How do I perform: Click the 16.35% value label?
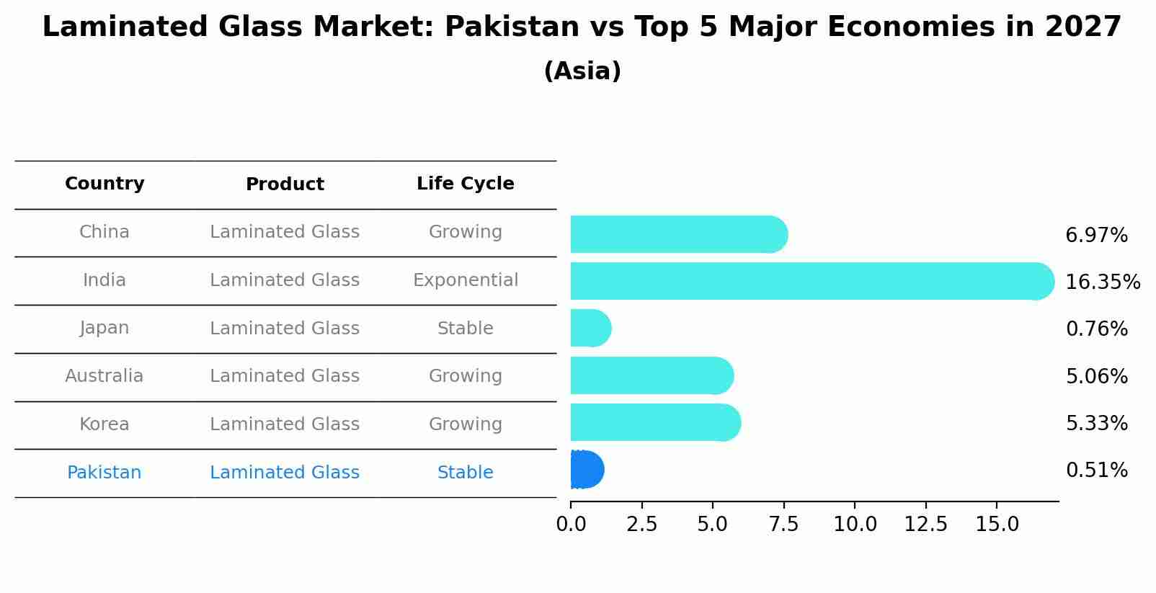(x=1103, y=282)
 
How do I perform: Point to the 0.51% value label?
(x=1096, y=471)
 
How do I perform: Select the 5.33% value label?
(x=1096, y=424)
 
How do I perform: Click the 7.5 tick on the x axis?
(x=783, y=525)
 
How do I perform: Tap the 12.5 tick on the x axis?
(x=925, y=525)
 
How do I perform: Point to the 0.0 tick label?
(x=571, y=525)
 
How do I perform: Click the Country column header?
(x=105, y=184)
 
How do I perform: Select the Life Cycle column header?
(x=466, y=184)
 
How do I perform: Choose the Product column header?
(x=285, y=184)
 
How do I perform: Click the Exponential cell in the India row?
(x=466, y=280)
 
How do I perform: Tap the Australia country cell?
(x=105, y=376)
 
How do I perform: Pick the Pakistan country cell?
(x=105, y=473)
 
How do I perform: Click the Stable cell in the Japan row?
(x=466, y=329)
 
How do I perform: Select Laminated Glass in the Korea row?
(x=285, y=424)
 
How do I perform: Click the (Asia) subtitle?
(x=582, y=71)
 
